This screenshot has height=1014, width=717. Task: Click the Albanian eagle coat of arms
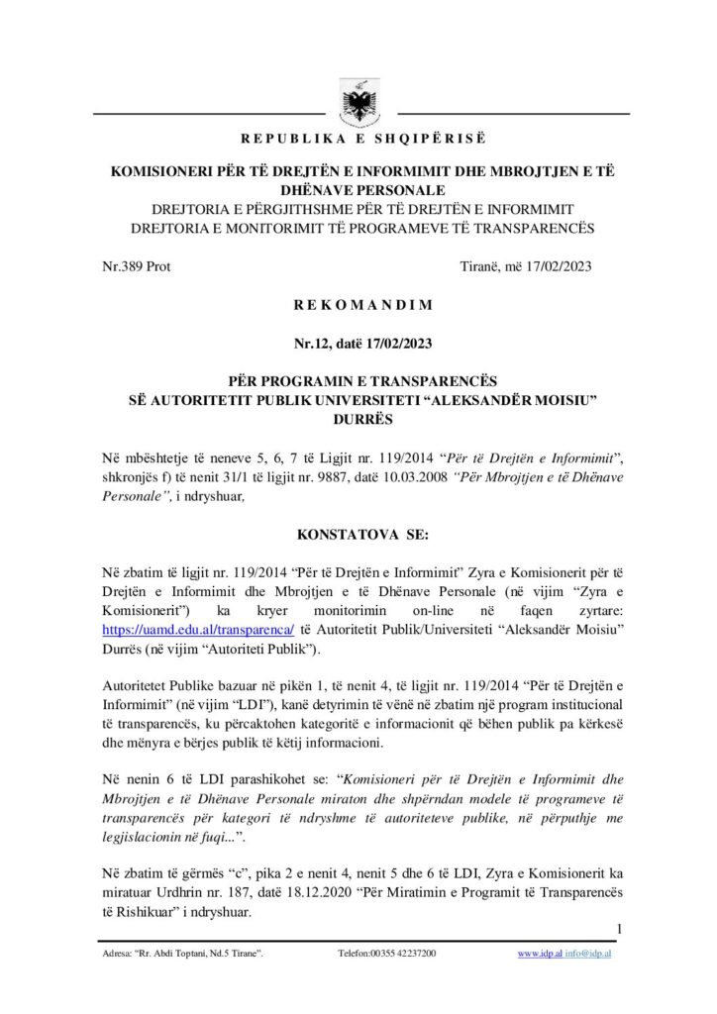point(358,100)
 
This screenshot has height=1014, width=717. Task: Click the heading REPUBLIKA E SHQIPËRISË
point(358,136)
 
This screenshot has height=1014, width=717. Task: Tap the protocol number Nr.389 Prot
point(137,267)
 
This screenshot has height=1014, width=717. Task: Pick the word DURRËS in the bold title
point(358,418)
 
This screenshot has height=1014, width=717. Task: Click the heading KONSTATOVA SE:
point(358,535)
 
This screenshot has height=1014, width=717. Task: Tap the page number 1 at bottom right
point(618,928)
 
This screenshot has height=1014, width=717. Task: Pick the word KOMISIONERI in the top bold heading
point(174,171)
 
